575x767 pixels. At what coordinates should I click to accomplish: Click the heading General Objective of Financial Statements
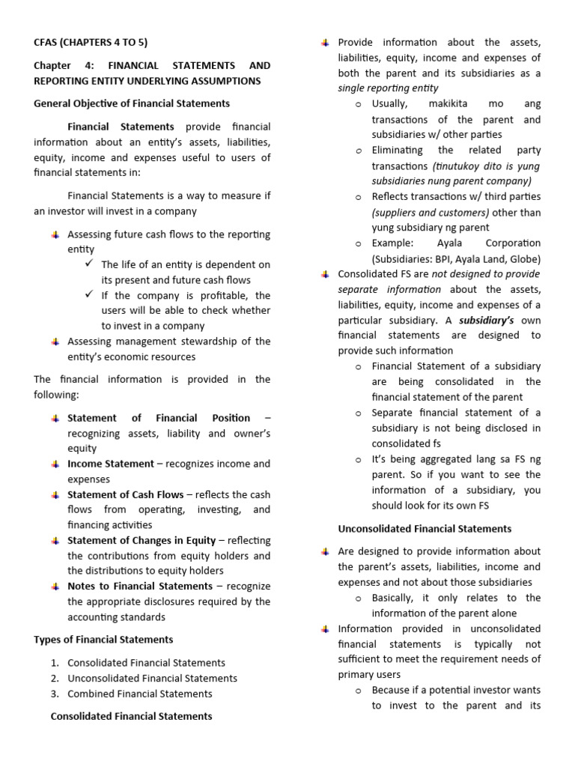[x=132, y=103]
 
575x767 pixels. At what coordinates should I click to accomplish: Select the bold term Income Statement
[x=110, y=464]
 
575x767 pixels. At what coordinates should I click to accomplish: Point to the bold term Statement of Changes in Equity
[x=141, y=540]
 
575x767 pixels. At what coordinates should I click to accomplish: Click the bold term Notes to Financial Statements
[x=140, y=586]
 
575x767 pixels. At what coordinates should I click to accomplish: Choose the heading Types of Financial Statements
[x=103, y=639]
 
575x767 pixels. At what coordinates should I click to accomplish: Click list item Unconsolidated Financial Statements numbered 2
[x=152, y=678]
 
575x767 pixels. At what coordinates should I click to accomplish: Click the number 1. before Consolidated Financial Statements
[x=55, y=663]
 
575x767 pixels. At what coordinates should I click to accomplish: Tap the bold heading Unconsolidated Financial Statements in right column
[x=425, y=528]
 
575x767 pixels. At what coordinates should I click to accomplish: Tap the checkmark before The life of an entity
[x=89, y=264]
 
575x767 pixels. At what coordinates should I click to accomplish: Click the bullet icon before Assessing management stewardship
[x=55, y=342]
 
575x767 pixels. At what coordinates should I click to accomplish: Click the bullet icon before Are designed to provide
[x=325, y=551]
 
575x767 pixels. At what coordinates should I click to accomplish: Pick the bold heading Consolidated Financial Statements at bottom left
[x=131, y=716]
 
